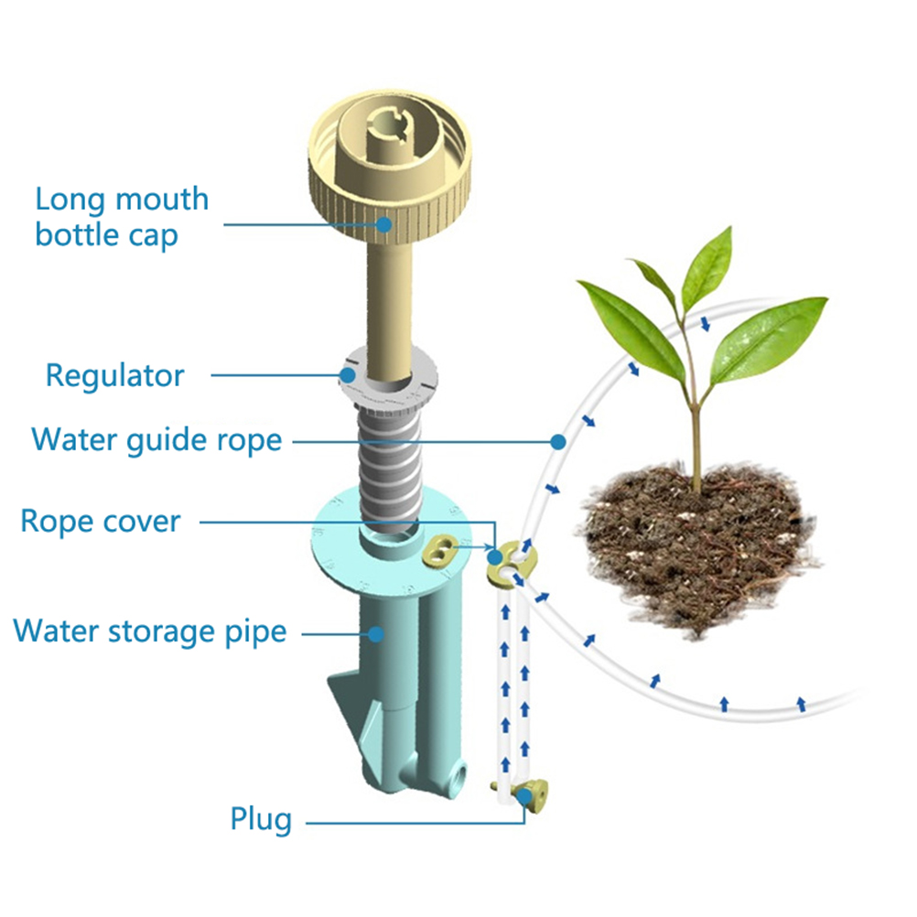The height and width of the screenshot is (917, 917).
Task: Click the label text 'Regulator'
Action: [114, 375]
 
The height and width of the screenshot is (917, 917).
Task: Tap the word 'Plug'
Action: [261, 820]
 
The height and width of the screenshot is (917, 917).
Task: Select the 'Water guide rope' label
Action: [156, 440]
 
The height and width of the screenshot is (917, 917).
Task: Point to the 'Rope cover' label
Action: [101, 521]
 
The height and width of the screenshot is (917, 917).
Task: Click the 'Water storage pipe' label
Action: [150, 631]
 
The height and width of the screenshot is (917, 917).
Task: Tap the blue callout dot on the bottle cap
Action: [383, 224]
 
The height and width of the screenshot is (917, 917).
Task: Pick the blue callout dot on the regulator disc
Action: [348, 375]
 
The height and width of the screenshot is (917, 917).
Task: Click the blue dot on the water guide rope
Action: [558, 441]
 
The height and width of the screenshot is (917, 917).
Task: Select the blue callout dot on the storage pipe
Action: [376, 634]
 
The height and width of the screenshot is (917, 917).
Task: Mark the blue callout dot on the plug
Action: [524, 795]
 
